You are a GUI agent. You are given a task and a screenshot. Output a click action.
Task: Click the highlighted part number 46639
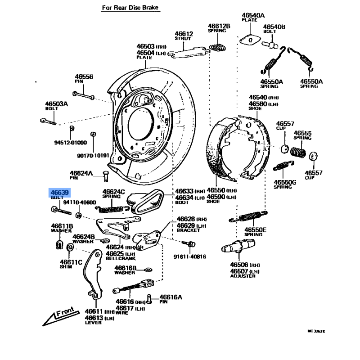tap(59, 193)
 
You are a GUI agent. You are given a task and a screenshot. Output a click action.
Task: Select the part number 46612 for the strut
tap(184, 34)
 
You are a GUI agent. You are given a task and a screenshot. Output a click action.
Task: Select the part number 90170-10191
tap(93, 155)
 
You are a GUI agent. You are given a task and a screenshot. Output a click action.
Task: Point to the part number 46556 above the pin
tap(84, 77)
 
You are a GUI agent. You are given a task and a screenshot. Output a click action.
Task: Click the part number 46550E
tap(255, 230)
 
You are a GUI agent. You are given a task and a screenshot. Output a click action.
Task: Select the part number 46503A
tap(56, 104)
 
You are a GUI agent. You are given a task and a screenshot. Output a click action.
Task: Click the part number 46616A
tap(171, 297)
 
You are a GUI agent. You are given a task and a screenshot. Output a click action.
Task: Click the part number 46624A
tap(81, 173)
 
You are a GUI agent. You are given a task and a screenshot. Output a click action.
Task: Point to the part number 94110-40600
tap(80, 202)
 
